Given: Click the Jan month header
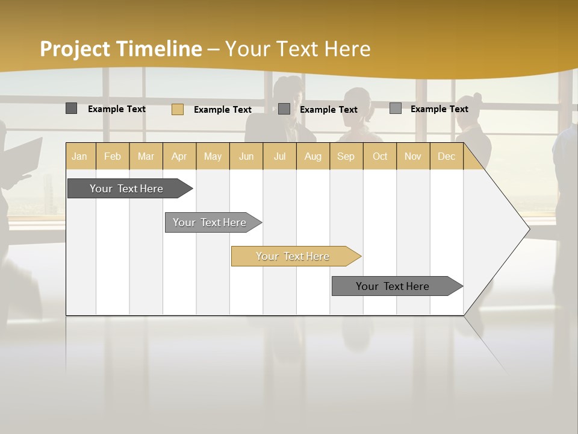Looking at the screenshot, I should tap(80, 156).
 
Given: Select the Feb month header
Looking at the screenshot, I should tap(113, 156).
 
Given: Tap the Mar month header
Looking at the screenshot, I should tap(146, 156).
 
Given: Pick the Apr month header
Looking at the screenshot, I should tap(179, 156).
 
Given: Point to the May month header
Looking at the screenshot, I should tap(213, 156).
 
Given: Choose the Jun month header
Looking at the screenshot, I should tap(246, 156).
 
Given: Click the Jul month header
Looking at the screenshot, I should tap(279, 156).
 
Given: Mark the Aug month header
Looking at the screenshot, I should tap(313, 156).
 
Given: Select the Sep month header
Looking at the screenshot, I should tap(346, 156).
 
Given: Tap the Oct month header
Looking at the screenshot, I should tap(380, 156).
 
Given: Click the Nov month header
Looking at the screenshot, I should tap(413, 156).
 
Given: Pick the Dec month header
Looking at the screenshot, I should tap(447, 156).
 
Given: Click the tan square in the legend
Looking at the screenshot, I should tap(178, 109).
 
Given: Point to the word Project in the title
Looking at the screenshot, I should tap(75, 49).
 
